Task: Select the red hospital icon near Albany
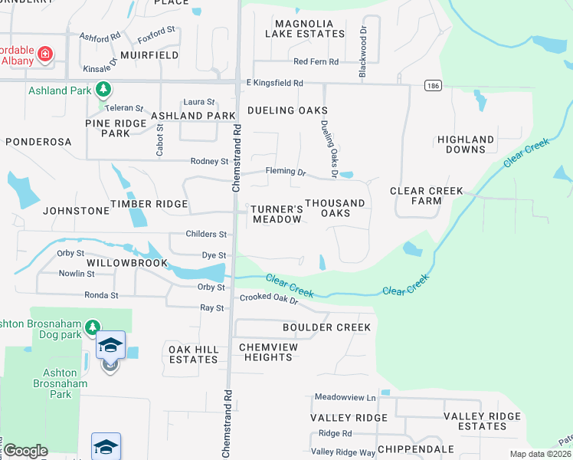pyautogui.click(x=46, y=54)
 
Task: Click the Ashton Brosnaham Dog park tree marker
pyautogui.click(x=92, y=328)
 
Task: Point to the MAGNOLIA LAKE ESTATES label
pyautogui.click(x=305, y=29)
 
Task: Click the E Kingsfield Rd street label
pyautogui.click(x=274, y=82)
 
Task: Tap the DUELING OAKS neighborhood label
pyautogui.click(x=282, y=110)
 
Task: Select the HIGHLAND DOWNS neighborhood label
pyautogui.click(x=466, y=144)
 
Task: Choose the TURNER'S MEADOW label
pyautogui.click(x=277, y=214)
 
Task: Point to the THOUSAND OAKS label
pyautogui.click(x=335, y=208)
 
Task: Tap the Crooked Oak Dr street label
pyautogui.click(x=268, y=298)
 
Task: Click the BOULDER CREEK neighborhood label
pyautogui.click(x=326, y=327)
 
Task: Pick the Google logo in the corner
pyautogui.click(x=25, y=451)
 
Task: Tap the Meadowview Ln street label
pyautogui.click(x=345, y=397)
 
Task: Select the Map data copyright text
pyautogui.click(x=540, y=454)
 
